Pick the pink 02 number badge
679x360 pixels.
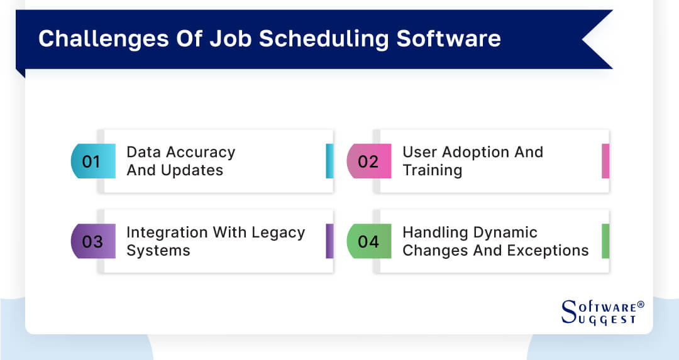[x=368, y=161]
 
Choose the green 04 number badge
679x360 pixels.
[x=368, y=241]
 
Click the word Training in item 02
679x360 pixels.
[x=433, y=170]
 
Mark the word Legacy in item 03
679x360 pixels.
[x=278, y=232]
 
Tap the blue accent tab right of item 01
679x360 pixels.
[x=329, y=161]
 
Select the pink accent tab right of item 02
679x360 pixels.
[x=605, y=161]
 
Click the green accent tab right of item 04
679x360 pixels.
[x=605, y=241]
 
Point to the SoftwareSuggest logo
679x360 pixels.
[x=601, y=312]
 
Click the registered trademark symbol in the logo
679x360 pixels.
[x=641, y=305]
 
